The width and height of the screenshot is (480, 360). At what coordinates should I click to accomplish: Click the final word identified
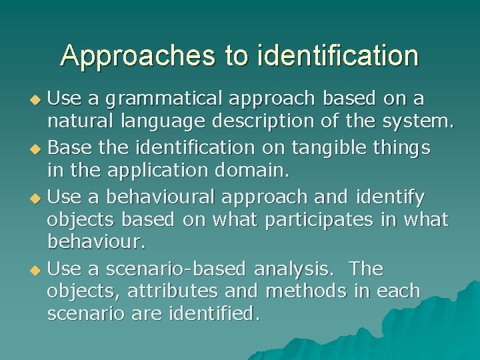[214, 313]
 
